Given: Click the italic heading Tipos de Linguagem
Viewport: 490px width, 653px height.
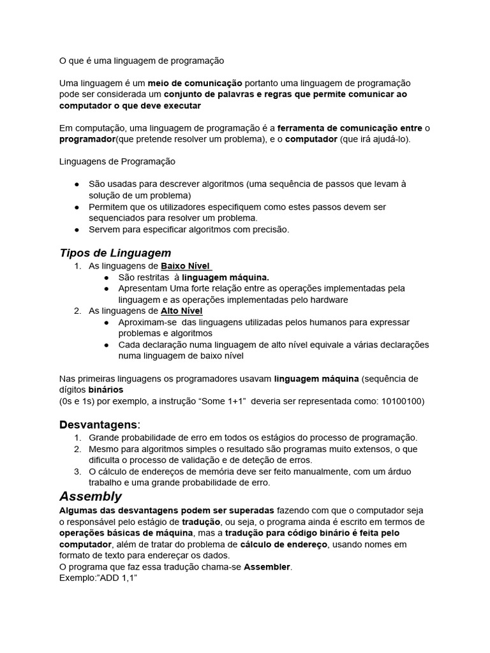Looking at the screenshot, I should coord(115,253).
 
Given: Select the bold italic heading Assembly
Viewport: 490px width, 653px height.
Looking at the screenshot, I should coord(90,496).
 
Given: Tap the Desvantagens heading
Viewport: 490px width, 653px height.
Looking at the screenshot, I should coord(98,424).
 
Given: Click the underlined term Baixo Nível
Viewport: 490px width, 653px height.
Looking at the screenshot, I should coord(185,266).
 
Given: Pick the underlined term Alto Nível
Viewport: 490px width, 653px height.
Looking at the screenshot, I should coord(181,311).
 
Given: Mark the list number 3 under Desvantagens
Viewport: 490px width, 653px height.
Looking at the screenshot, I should coord(77,471).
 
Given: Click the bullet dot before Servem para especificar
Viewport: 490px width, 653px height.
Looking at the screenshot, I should coord(77,230).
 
